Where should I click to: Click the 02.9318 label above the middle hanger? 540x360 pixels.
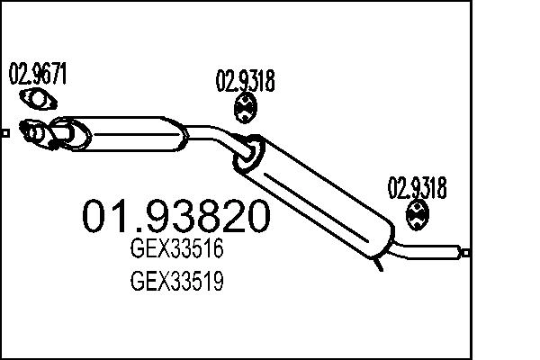coord(245,83)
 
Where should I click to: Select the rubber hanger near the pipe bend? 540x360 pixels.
coord(244,110)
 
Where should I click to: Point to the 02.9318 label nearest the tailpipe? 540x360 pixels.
coord(417,188)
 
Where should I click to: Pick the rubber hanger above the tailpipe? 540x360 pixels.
coord(418,214)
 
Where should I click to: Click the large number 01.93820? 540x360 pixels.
coord(176,216)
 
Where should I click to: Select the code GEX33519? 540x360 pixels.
coord(176,283)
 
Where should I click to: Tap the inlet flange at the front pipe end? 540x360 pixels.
coord(35,133)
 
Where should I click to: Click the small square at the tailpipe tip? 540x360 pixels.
coord(464,253)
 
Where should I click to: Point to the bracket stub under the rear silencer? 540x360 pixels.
coord(381,263)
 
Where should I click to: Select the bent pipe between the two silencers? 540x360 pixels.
coord(216,133)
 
